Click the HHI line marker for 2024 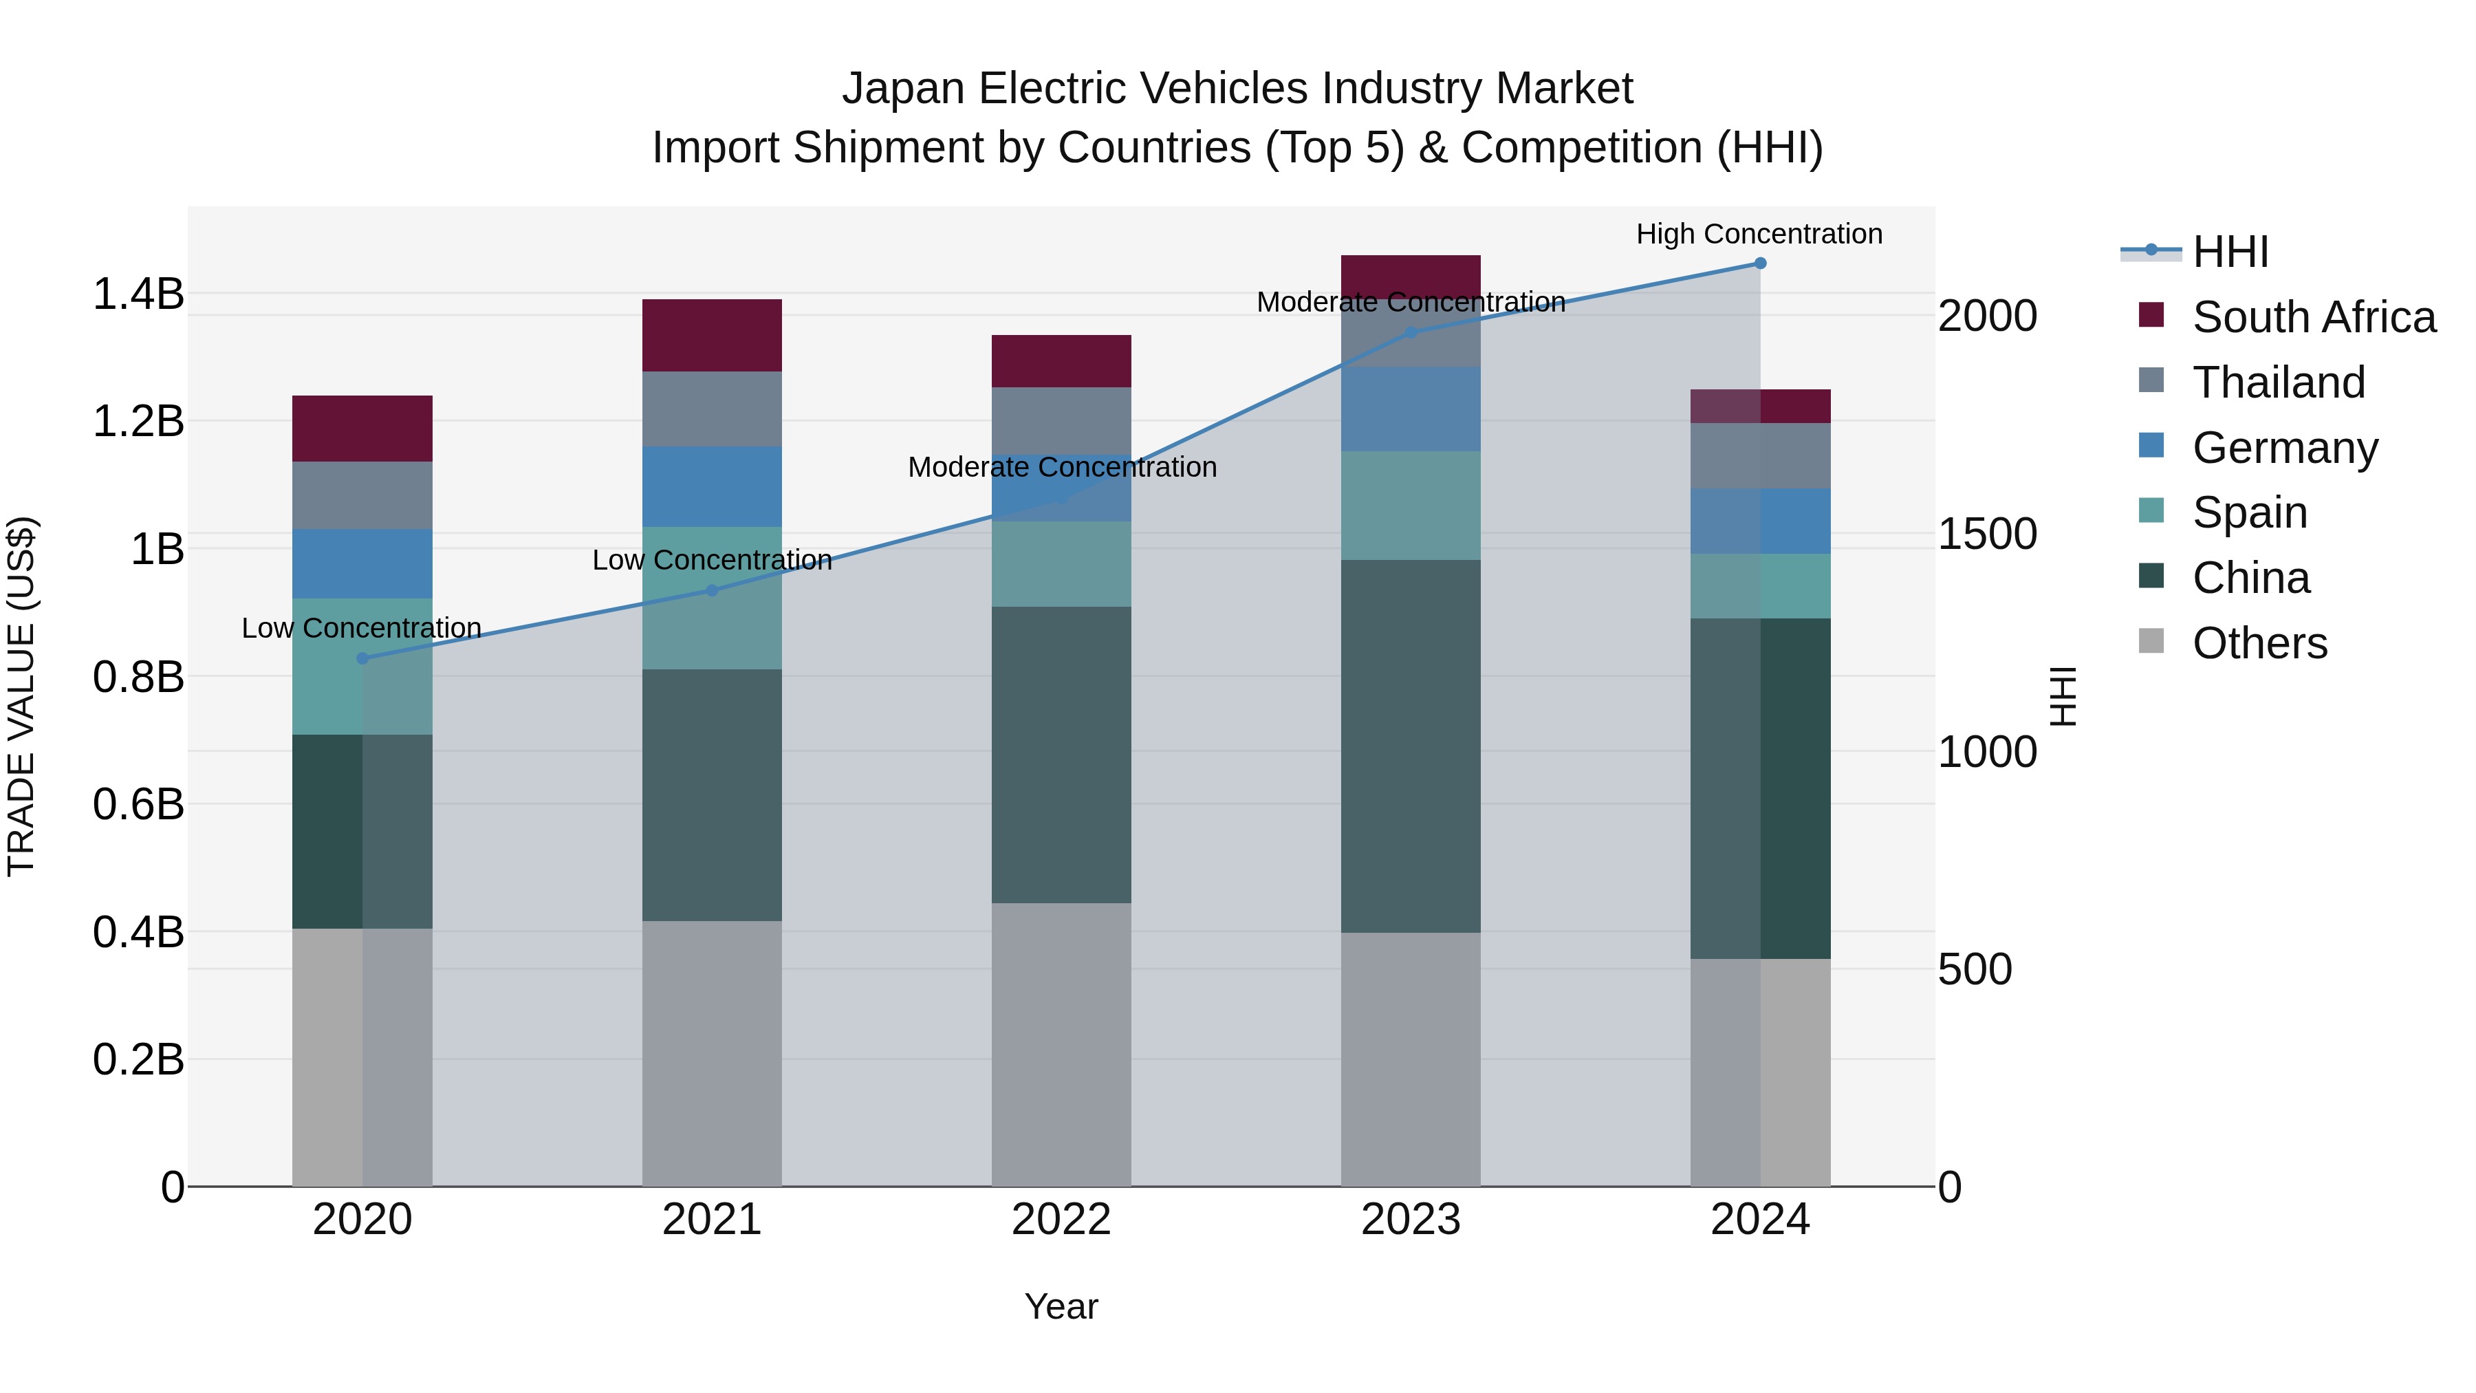coord(1760,263)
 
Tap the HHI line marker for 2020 coord(362,658)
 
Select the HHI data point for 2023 coord(1411,333)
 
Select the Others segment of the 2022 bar coord(1061,1044)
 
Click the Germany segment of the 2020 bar coord(362,563)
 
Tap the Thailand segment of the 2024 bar coord(1760,455)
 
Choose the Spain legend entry coord(2249,512)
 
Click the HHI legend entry coord(2230,252)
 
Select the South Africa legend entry coord(2312,317)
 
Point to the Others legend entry coord(2259,643)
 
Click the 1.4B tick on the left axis coord(138,294)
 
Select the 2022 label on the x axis coord(1061,1220)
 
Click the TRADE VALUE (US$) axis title coord(21,696)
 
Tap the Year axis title coord(1061,1306)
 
